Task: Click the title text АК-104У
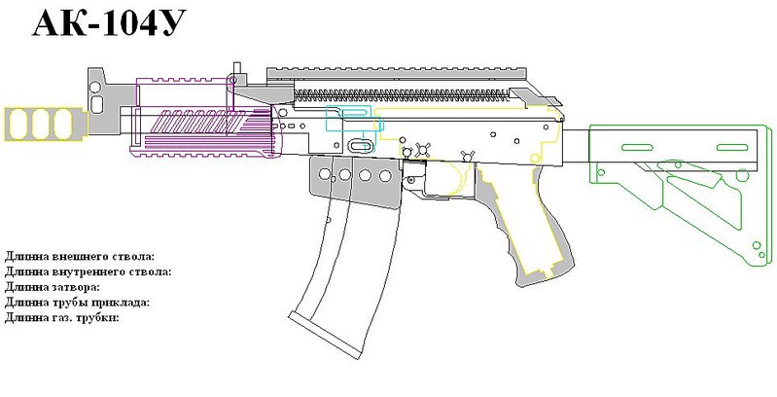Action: [x=109, y=23]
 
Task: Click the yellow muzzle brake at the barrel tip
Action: [x=45, y=124]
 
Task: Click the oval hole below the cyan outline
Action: [x=360, y=145]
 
